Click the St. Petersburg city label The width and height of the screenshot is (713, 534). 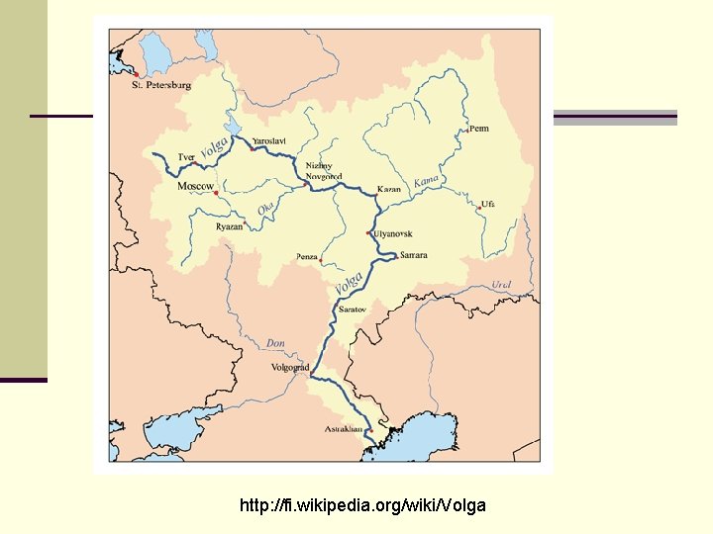pos(161,85)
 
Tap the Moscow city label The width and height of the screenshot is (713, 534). pos(195,186)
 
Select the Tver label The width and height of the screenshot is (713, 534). pos(186,157)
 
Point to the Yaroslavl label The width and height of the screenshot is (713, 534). pos(269,142)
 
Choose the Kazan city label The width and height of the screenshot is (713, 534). pos(389,189)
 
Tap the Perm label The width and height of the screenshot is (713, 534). pos(478,129)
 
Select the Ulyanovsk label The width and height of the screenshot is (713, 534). pos(393,234)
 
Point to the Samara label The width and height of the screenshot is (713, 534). pos(413,255)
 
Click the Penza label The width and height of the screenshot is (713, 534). pos(307,257)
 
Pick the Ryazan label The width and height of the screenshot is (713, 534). pos(229,226)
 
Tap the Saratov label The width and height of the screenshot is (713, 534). pos(353,311)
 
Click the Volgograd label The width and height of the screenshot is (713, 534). pos(289,367)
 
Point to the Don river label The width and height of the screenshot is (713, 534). pos(275,343)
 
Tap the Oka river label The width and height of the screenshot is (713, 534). pos(265,210)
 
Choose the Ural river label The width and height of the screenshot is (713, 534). pos(502,286)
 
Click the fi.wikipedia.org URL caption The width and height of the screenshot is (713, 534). pos(362,505)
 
